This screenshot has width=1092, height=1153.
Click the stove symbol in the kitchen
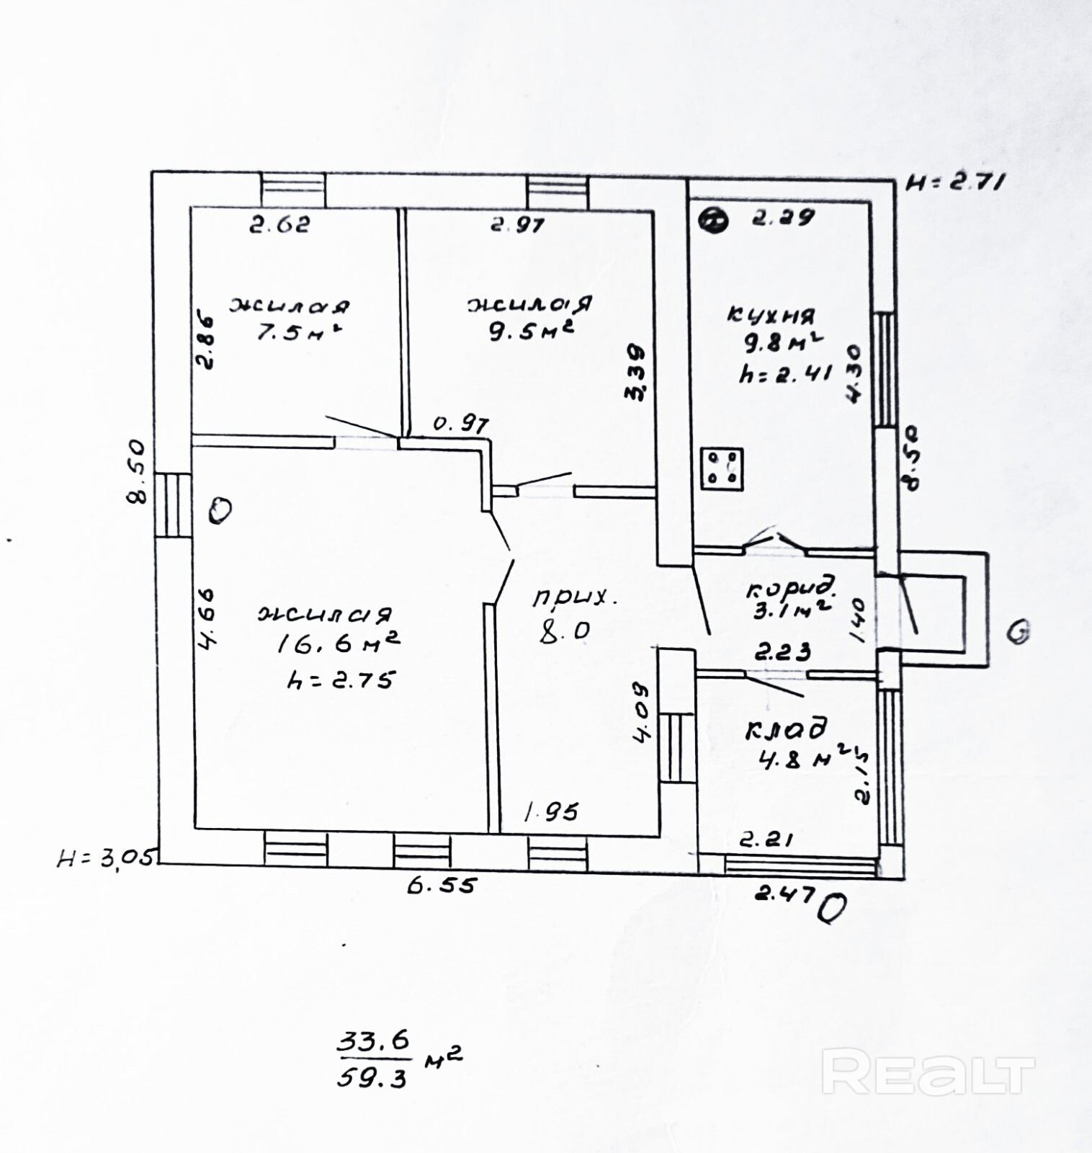click(x=722, y=468)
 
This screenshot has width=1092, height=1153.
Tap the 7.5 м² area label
click(x=295, y=334)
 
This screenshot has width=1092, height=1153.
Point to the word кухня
click(x=772, y=315)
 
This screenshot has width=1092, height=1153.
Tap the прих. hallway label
click(x=575, y=597)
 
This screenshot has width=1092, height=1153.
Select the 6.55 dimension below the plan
click(x=442, y=885)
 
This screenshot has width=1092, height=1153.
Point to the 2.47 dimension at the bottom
click(x=784, y=894)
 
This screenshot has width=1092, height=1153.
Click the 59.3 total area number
click(x=373, y=1077)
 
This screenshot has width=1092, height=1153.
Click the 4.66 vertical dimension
click(x=207, y=619)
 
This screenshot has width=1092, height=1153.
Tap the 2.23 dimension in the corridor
click(x=782, y=653)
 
